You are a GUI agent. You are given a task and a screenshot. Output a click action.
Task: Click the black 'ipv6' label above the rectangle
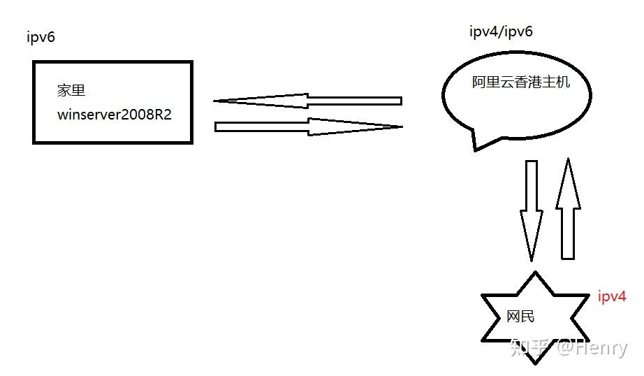point(41,37)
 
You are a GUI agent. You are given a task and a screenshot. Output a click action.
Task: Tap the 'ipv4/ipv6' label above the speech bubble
point(502,31)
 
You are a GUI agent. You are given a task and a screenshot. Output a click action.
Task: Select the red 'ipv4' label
point(612,296)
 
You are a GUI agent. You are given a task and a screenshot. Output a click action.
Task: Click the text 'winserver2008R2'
point(115,115)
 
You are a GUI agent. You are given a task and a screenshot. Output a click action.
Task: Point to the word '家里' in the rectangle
point(71,91)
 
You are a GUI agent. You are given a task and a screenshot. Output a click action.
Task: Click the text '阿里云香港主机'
point(520,82)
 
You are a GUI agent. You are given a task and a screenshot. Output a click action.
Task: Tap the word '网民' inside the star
point(520,317)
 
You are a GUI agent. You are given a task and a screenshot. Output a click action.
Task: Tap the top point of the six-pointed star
point(535,273)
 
